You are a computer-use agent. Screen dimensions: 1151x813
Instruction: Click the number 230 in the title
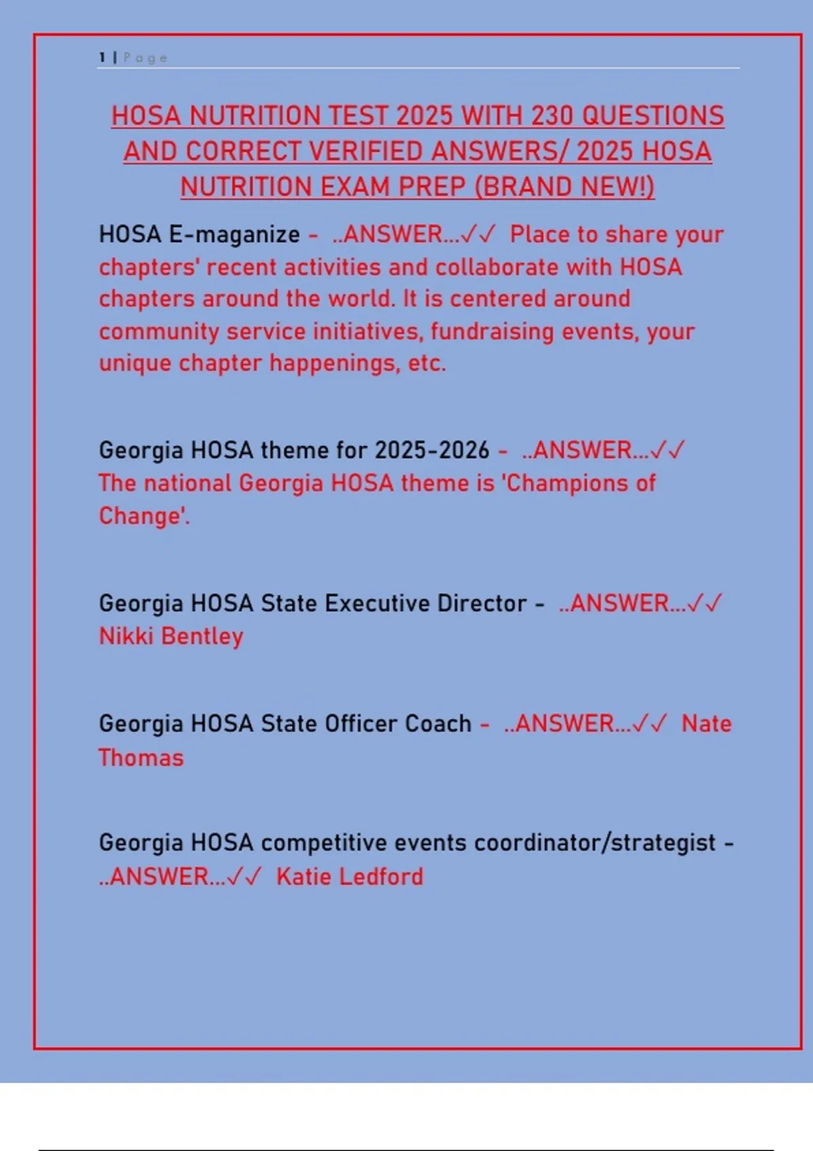click(x=552, y=116)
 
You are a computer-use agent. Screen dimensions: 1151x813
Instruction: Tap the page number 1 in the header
click(x=102, y=58)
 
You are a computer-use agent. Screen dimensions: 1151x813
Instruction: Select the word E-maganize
click(x=234, y=234)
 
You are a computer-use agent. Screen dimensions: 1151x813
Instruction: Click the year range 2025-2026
click(x=432, y=450)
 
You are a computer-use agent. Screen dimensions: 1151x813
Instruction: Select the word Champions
click(x=567, y=483)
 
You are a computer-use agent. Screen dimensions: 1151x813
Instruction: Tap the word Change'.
click(x=144, y=516)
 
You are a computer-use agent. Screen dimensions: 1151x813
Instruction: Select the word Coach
click(x=438, y=723)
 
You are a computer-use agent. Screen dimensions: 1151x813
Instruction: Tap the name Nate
click(x=706, y=723)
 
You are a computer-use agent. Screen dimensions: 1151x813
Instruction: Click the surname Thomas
click(x=141, y=757)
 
